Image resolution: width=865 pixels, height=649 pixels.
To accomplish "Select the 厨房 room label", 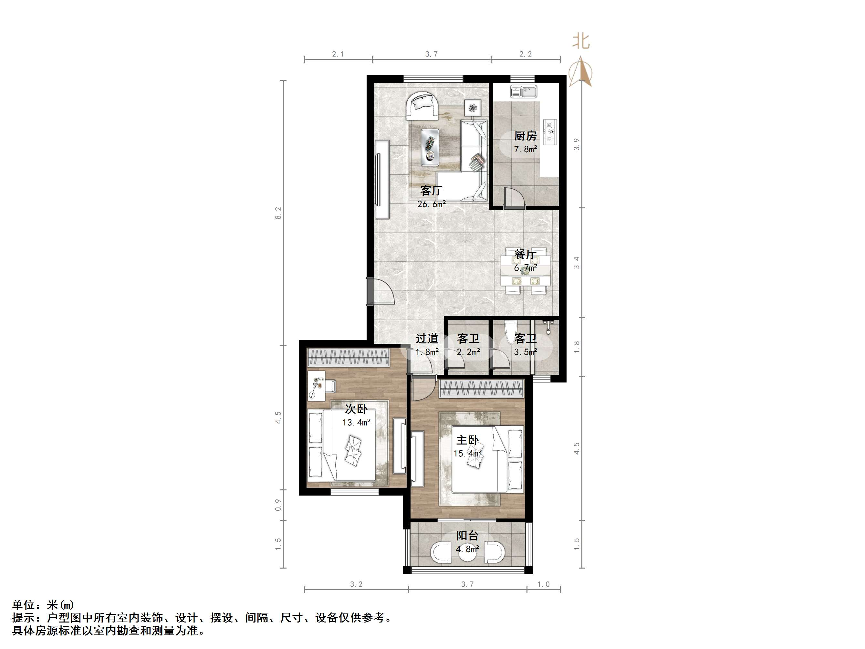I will (525, 136).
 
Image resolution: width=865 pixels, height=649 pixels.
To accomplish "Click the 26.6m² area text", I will (431, 204).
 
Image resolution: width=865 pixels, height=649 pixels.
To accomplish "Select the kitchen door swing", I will (514, 199).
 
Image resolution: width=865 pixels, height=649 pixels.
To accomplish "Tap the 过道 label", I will (427, 338).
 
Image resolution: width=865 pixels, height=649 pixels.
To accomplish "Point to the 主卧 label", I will (467, 440).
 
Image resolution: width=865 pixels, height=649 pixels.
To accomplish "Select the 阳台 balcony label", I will (467, 536).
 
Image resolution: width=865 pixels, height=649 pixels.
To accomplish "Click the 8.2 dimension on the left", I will (278, 213).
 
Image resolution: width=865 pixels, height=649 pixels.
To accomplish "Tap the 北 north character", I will (581, 41).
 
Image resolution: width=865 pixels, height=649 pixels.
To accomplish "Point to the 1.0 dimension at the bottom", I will (543, 584).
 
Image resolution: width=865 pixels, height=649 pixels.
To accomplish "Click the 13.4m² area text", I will (356, 423).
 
